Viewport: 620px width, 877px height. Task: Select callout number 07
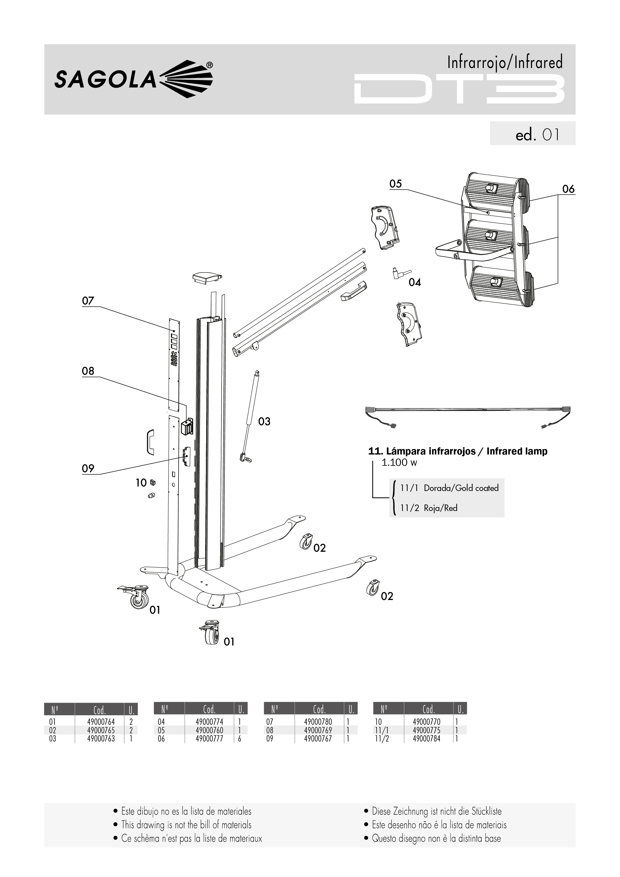click(x=88, y=301)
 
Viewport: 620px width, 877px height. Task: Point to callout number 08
click(x=88, y=371)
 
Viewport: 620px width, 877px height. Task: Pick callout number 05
click(x=396, y=184)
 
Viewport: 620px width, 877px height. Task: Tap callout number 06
click(x=568, y=189)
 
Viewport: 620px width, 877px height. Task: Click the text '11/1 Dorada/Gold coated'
click(x=449, y=488)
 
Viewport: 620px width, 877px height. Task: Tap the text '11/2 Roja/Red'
click(x=429, y=508)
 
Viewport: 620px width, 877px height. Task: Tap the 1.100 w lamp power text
click(x=399, y=462)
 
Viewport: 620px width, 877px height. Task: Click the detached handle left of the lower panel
click(x=151, y=442)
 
